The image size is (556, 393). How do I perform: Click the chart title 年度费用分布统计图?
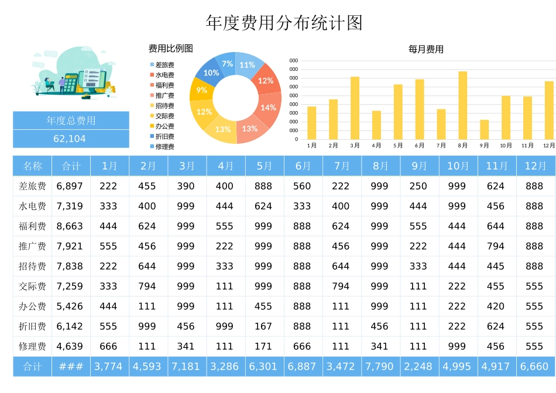[x=284, y=23]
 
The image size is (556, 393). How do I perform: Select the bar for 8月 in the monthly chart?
[x=463, y=105]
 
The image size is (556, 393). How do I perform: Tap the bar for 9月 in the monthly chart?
[x=484, y=129]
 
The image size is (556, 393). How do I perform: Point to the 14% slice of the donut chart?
[x=269, y=107]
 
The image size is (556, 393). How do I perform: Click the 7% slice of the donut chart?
[x=227, y=63]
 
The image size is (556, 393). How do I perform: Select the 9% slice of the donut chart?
[x=201, y=90]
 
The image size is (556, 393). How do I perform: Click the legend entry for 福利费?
[x=164, y=85]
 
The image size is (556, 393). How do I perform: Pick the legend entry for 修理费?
[x=164, y=147]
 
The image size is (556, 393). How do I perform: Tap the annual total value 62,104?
[x=70, y=139]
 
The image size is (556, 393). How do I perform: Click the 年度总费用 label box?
[x=71, y=121]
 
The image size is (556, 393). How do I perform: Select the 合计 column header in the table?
[x=71, y=166]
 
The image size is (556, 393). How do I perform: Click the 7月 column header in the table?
[x=342, y=166]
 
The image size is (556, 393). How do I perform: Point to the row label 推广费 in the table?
[x=32, y=246]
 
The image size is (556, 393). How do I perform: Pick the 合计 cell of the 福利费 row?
[x=70, y=226]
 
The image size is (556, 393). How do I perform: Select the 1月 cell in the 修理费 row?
[x=109, y=346]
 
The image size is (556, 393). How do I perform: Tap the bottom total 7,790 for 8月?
[x=380, y=367]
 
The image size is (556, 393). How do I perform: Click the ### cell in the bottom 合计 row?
[x=71, y=367]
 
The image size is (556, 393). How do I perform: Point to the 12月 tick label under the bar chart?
[x=549, y=146]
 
